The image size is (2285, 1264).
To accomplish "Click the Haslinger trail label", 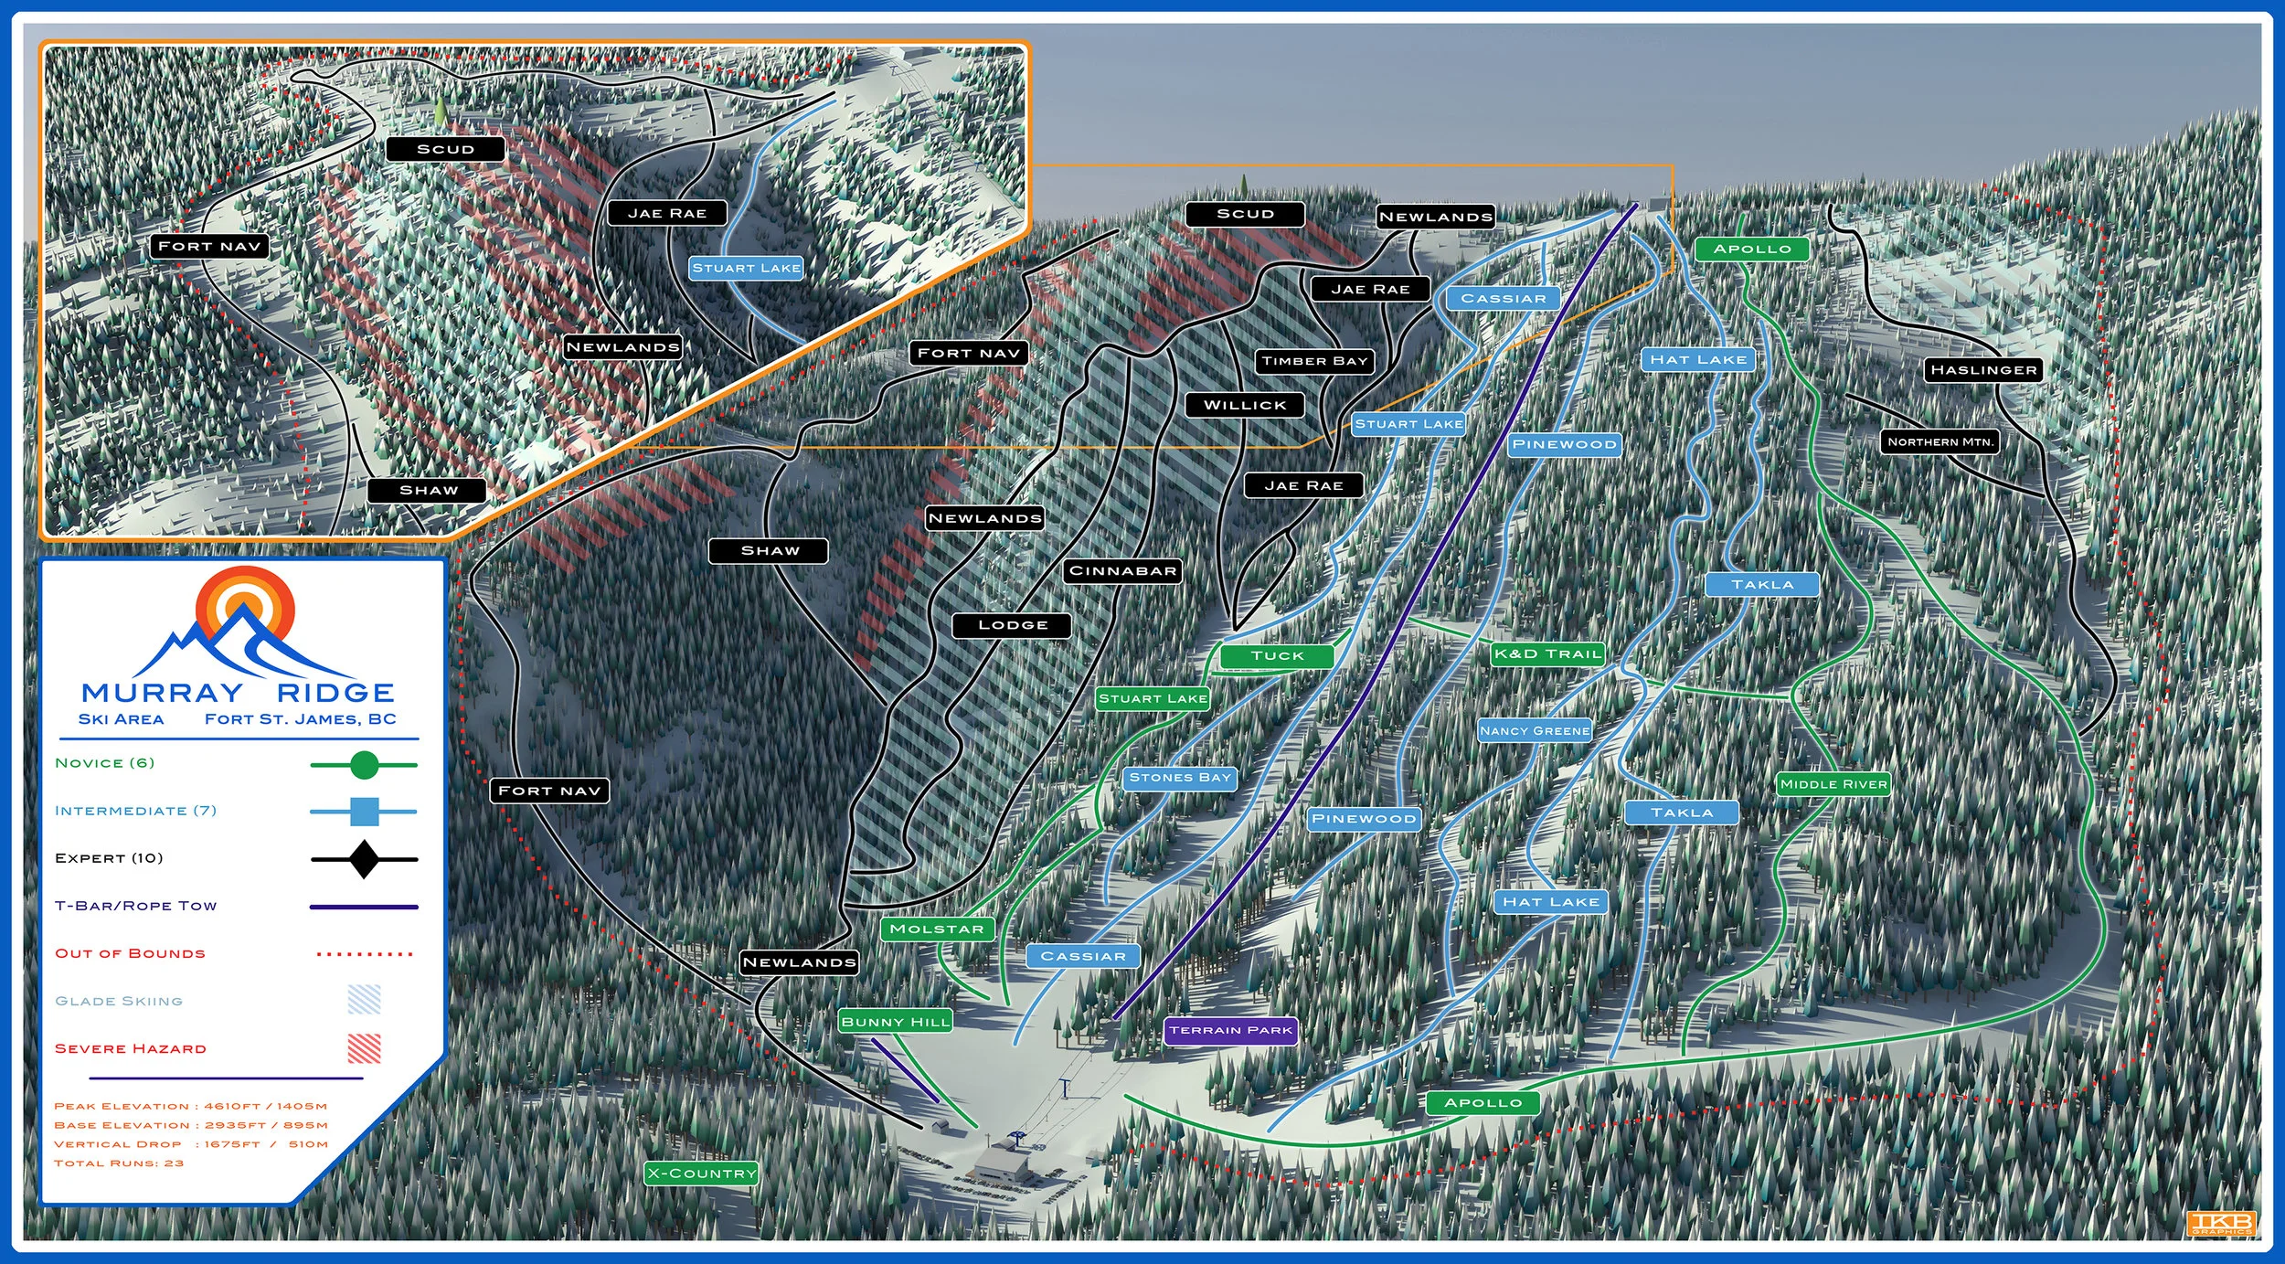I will [1983, 370].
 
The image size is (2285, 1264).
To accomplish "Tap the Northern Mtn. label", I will [1940, 442].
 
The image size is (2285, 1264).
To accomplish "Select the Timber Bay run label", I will [1314, 362].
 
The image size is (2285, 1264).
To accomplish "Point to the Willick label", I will [1244, 405].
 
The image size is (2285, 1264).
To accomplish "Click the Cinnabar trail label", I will [1122, 571].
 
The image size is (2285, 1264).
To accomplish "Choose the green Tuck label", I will [1277, 656].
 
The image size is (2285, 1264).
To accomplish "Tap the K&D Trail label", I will [1547, 654].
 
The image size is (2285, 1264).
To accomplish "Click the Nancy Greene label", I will [1535, 731].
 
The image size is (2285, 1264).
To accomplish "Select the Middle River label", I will [1833, 784].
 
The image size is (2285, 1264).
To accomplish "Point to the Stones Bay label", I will [1180, 778].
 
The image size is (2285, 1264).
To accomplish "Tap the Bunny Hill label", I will [896, 1022].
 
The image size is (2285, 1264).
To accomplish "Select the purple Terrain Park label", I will [1230, 1031].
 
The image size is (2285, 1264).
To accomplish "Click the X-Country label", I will [701, 1174].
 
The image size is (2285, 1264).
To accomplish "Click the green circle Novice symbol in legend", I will [364, 765].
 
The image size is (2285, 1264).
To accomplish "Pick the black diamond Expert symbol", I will [364, 859].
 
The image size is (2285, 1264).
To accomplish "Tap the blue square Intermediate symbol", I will [364, 812].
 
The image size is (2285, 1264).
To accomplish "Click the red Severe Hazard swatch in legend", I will [364, 1048].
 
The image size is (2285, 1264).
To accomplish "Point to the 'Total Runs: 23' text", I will [119, 1163].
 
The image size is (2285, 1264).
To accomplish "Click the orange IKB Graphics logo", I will [2221, 1223].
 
